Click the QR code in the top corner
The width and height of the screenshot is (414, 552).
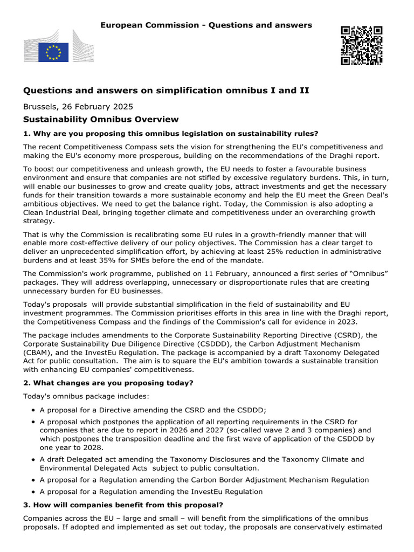361,45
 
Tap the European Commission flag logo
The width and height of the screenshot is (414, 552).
53,52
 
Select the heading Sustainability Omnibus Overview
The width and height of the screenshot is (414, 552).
101,119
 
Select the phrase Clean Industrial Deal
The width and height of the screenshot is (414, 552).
65,212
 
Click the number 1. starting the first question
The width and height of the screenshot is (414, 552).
26,134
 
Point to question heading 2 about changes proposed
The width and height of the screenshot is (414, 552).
108,383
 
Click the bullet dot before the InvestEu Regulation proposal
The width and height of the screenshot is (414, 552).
34,492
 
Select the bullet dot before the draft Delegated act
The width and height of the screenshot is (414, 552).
34,459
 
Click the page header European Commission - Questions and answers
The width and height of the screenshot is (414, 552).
206,25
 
